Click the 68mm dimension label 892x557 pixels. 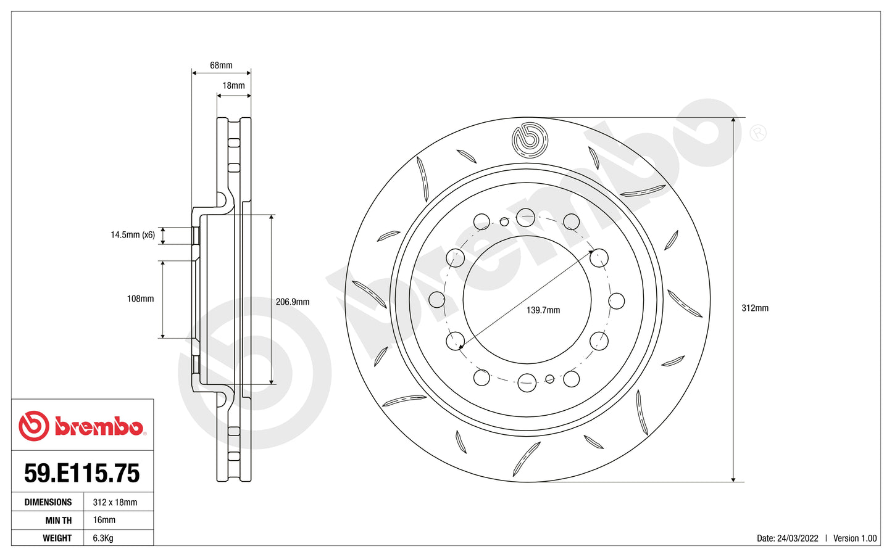(221, 65)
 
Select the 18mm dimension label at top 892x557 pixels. (233, 86)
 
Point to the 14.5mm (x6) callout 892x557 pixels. (133, 235)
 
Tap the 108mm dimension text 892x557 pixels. (140, 299)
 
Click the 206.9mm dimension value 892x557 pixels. (293, 302)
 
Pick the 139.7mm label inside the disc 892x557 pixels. (543, 310)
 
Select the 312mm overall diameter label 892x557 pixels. (755, 308)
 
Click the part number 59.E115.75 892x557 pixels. (82, 473)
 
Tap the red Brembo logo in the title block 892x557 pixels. (82, 426)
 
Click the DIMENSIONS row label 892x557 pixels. (48, 502)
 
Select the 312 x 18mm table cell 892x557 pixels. (115, 502)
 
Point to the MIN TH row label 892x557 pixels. (58, 520)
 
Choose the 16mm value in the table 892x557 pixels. (104, 520)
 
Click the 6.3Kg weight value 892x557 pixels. (102, 538)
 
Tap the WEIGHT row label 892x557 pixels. (57, 538)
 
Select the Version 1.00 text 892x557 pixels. (855, 538)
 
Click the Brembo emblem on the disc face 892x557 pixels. (530, 139)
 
